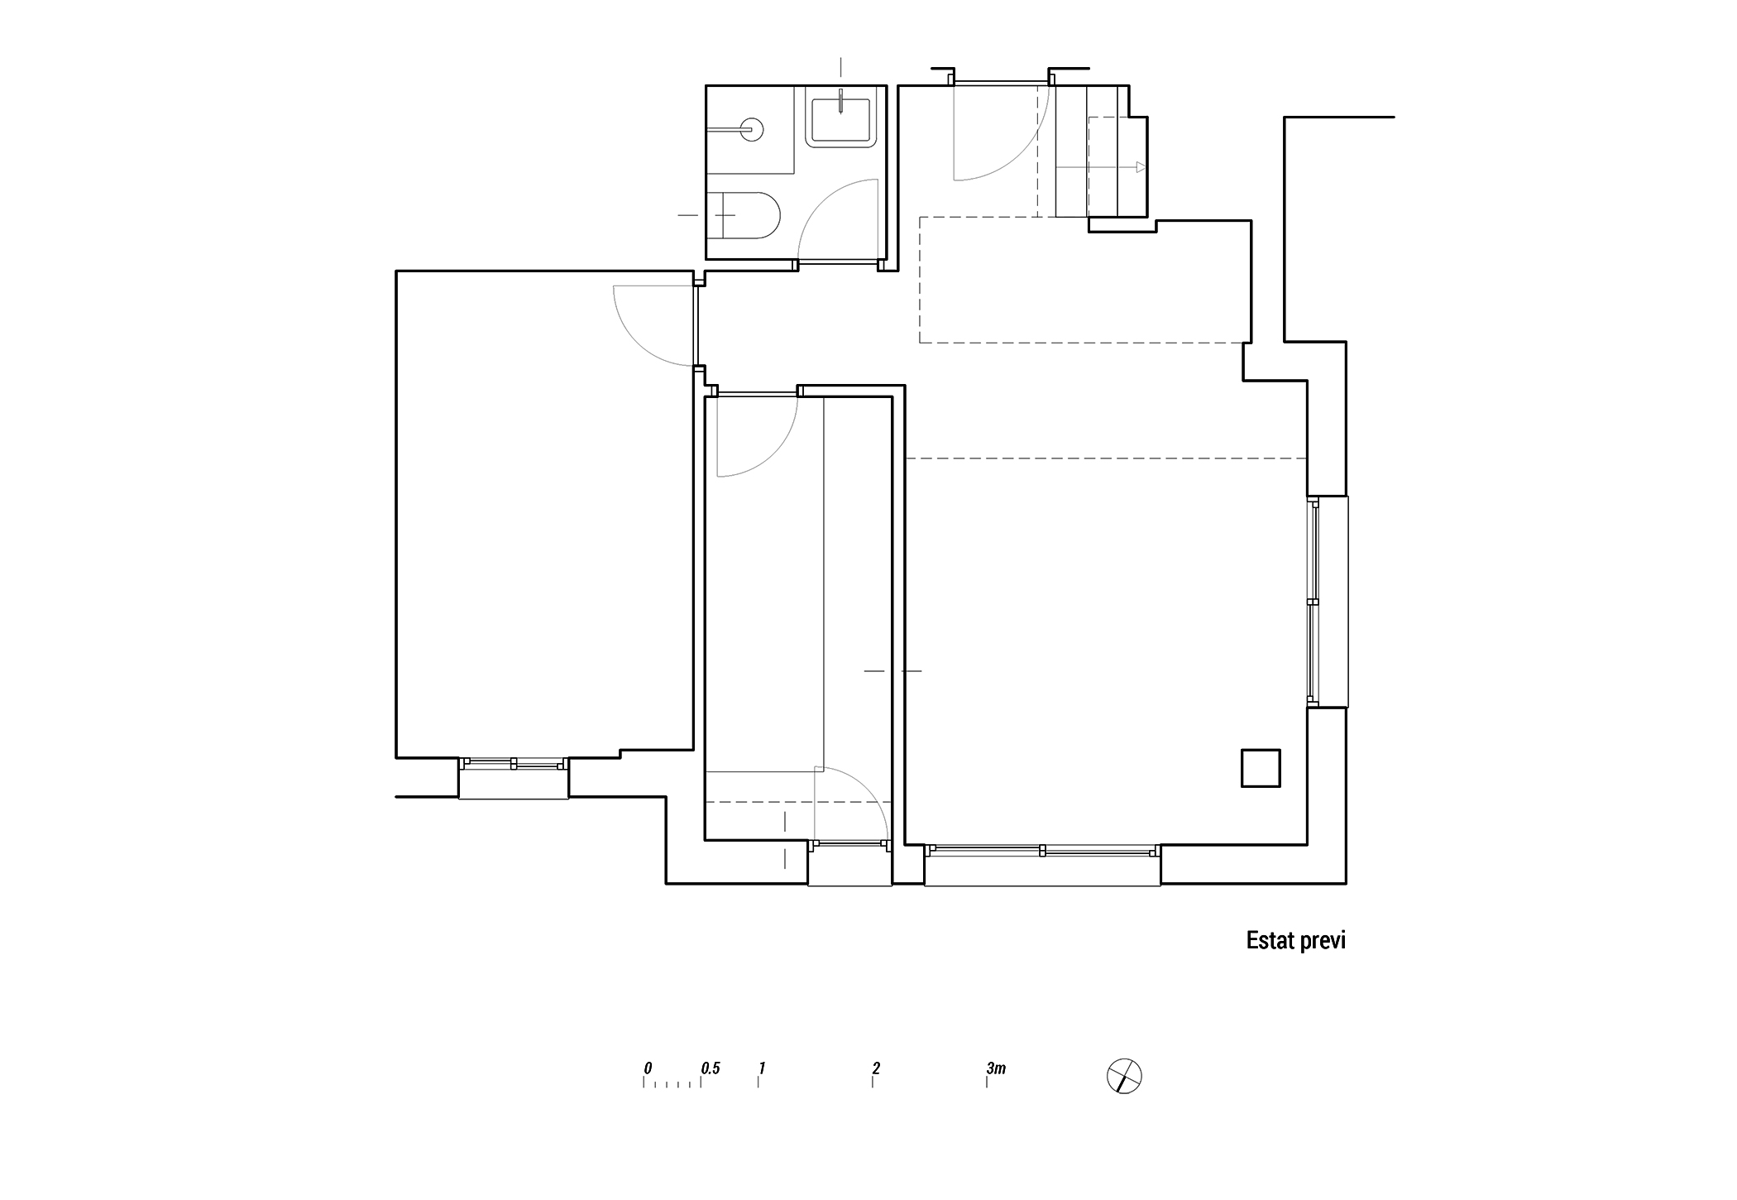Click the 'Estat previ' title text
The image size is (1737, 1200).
coord(1296,941)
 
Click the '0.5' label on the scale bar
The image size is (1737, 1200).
coord(711,1068)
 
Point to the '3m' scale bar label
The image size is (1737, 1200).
coord(996,1068)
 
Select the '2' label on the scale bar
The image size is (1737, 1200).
coord(876,1068)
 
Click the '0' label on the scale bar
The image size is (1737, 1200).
coord(648,1068)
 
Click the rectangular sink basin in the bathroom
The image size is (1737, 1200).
coord(840,120)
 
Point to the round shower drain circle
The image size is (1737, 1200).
coord(752,129)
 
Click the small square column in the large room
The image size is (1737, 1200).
coord(1261,768)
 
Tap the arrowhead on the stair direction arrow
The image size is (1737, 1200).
coord(1141,167)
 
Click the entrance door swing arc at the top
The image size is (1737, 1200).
coord(1016,153)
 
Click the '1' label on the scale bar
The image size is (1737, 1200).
coord(762,1068)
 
